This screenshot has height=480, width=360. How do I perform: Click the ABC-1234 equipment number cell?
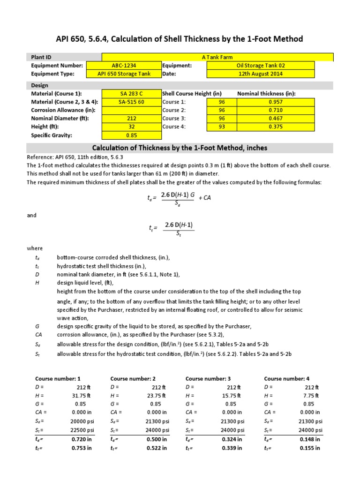(124, 66)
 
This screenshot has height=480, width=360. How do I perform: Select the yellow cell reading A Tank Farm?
(210, 57)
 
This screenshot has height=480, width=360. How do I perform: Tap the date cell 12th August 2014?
(260, 74)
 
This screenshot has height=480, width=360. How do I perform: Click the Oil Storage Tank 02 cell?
(260, 66)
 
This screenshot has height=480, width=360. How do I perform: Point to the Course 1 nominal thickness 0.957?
(276, 102)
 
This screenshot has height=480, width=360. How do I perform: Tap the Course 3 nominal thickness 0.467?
(276, 119)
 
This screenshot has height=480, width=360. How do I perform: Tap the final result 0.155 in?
(310, 448)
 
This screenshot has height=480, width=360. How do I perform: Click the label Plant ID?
(41, 57)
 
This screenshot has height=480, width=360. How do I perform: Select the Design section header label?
(40, 86)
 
